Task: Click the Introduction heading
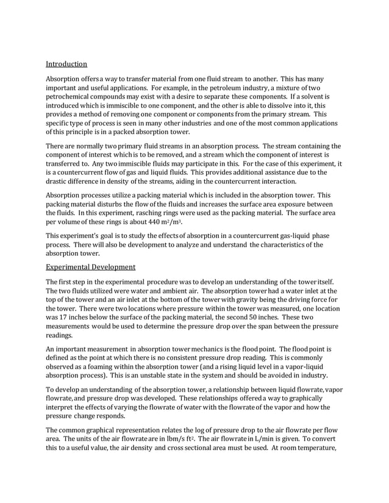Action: (67, 63)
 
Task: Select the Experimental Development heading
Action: (91, 267)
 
